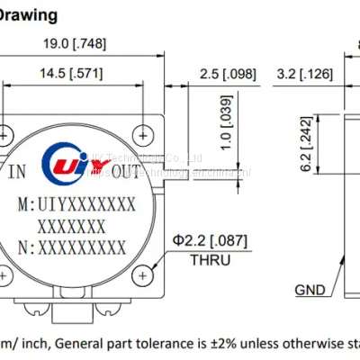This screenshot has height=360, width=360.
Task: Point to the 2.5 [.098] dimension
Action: tap(220, 72)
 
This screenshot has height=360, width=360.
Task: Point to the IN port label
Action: tap(19, 171)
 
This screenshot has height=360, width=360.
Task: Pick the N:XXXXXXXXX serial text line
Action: tap(73, 245)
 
